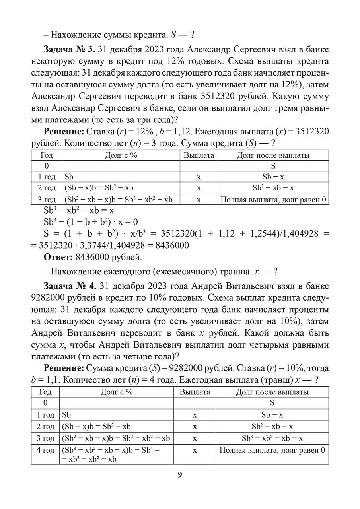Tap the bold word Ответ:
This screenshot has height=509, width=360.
[58, 257]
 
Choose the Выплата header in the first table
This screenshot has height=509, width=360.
[198, 155]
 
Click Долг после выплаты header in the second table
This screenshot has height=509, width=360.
[272, 392]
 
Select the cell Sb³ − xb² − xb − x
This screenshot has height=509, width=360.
[272, 438]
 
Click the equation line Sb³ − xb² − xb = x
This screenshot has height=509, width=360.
[79, 210]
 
